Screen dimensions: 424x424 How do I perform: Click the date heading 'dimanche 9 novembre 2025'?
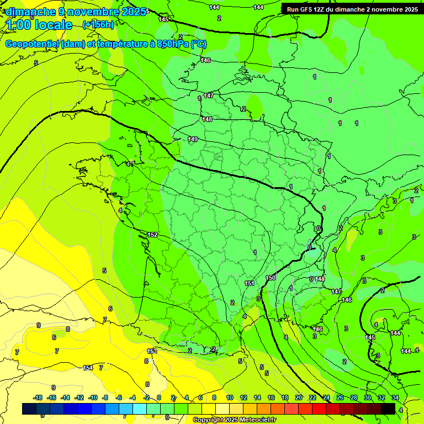pos(76,12)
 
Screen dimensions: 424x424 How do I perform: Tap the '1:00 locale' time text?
pos(39,25)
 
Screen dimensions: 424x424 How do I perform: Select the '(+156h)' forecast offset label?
pos(98,25)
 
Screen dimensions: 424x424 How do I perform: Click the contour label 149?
pos(193,139)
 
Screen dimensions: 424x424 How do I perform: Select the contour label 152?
pos(152,235)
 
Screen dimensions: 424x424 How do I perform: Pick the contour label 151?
pos(250,283)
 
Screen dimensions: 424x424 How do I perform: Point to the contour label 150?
pos(271,278)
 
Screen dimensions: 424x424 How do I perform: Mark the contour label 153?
pos(152,351)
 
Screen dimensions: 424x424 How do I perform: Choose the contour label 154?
pos(88,368)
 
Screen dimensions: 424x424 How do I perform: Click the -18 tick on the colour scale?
pos(38,397)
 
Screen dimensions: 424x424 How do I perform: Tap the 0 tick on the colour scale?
pos(158,397)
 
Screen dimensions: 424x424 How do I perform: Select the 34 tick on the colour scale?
pos(395,397)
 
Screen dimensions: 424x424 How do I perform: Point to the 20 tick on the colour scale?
pos(298,397)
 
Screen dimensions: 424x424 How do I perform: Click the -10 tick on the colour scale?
pos(93,397)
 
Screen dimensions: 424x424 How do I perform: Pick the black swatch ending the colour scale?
pos(388,409)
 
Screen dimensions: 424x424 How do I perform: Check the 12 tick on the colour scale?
pos(243,397)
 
